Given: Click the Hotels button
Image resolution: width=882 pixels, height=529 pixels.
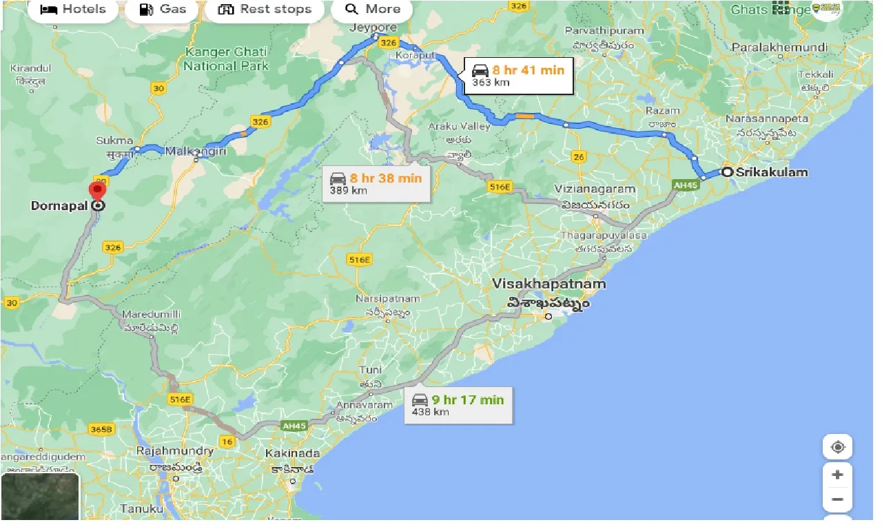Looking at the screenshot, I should (73, 10).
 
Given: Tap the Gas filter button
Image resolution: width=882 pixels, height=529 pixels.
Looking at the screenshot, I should (163, 10).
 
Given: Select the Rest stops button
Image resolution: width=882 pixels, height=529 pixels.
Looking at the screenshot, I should (265, 10).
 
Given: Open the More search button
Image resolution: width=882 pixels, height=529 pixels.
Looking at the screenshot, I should (372, 10).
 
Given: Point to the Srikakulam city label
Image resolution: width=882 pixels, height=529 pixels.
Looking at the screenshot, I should (771, 172).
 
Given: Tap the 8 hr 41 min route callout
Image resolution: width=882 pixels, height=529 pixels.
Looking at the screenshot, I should (517, 76).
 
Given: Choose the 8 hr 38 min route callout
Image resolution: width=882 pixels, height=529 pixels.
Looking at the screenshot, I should (376, 184).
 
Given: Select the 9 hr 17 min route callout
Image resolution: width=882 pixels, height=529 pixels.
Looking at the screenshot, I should (458, 405).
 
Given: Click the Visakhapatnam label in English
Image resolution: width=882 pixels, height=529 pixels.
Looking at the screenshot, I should (549, 284).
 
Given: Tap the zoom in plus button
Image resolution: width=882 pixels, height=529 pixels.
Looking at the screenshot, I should (837, 475).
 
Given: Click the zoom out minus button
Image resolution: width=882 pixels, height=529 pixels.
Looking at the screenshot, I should (837, 499).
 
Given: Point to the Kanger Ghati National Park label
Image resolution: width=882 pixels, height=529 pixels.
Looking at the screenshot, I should (226, 60).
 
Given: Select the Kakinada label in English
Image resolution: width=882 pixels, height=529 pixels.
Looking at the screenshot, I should (292, 453).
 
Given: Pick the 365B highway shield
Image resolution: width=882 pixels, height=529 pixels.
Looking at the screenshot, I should (101, 429).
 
